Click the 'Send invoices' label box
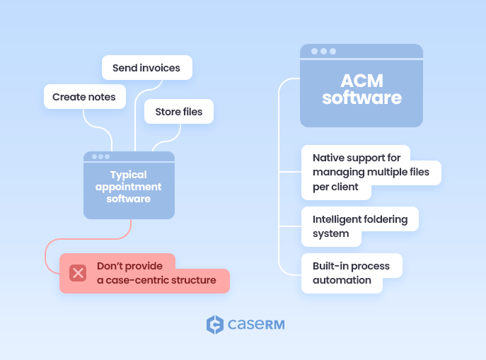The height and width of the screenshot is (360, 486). [x=146, y=68]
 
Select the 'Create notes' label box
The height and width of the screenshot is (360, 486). [x=84, y=96]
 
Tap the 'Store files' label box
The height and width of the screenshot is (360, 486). [x=178, y=112]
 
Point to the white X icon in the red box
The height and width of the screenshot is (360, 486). [x=78, y=273]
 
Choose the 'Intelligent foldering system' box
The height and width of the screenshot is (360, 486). [x=359, y=226]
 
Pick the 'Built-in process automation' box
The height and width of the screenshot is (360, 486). [x=351, y=273]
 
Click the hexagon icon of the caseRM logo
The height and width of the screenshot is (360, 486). [x=215, y=325]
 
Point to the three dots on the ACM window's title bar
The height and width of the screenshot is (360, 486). [x=323, y=52]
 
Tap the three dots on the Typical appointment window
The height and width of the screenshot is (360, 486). [x=101, y=156]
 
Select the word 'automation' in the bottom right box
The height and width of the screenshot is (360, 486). [x=342, y=280]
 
